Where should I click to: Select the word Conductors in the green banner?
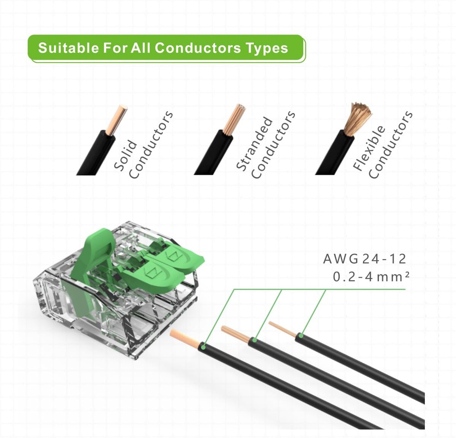pyautogui.click(x=198, y=48)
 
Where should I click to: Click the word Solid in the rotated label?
pyautogui.click(x=125, y=155)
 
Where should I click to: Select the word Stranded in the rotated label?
pyautogui.click(x=254, y=143)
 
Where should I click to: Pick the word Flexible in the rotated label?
pyautogui.click(x=369, y=148)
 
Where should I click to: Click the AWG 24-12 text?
pyautogui.click(x=364, y=259)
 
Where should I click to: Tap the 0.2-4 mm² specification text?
pyautogui.click(x=371, y=277)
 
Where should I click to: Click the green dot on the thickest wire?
pyautogui.click(x=203, y=347)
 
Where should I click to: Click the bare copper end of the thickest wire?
pyautogui.click(x=185, y=338)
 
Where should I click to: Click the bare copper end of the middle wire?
pyautogui.click(x=236, y=334)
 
